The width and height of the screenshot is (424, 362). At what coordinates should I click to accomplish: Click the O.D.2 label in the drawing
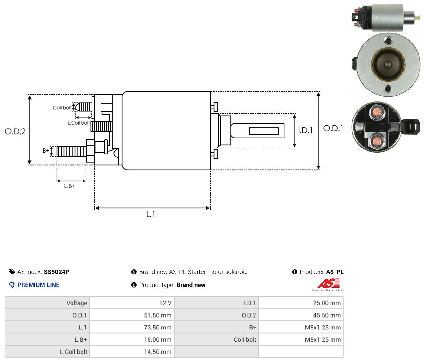point(15,131)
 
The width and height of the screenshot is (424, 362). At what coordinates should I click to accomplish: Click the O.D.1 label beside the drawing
point(333,129)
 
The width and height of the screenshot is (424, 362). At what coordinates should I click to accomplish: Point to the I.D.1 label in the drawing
point(305,130)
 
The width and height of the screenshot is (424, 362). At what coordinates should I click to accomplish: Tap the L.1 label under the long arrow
point(150,214)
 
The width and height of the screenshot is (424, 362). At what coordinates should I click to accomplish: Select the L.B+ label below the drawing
point(70,186)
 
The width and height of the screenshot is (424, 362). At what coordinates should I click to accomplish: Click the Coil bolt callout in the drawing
point(62,108)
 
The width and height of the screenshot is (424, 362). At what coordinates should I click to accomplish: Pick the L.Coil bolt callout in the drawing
point(79,123)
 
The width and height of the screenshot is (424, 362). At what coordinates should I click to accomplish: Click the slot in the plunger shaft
point(264,131)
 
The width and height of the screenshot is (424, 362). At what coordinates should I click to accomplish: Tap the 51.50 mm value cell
point(132,315)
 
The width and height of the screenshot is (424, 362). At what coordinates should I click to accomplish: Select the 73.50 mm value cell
point(132,327)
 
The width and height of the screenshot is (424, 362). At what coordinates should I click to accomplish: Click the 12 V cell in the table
point(132,303)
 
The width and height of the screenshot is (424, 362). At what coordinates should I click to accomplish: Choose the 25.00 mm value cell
point(301,303)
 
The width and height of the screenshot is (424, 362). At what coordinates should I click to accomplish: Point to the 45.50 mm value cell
point(301,315)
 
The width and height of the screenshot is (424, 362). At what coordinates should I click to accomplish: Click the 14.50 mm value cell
point(132,352)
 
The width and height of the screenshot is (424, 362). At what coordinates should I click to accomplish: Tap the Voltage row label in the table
point(77,303)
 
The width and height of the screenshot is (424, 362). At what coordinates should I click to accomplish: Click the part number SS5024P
point(57,272)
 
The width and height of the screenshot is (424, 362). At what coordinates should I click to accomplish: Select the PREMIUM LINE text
point(38,285)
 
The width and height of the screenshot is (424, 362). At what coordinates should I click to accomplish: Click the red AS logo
point(328,283)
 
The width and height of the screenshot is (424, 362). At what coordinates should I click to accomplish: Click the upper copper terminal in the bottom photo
point(377,112)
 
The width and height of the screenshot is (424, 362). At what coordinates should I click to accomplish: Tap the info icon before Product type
point(134,285)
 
